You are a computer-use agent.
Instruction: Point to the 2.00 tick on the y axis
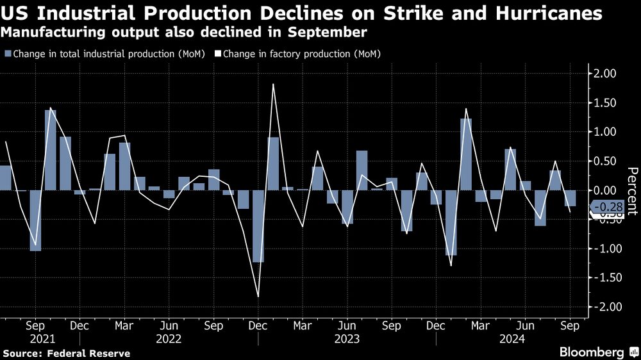[603, 74]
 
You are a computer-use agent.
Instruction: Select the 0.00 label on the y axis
[603, 190]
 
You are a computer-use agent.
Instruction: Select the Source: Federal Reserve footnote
[67, 353]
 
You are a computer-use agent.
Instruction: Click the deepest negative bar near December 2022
[258, 226]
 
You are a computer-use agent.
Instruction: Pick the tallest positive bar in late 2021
[51, 150]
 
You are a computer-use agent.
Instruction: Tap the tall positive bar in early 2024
[466, 154]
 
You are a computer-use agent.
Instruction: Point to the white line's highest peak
[273, 85]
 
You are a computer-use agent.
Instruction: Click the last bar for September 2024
[570, 198]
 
